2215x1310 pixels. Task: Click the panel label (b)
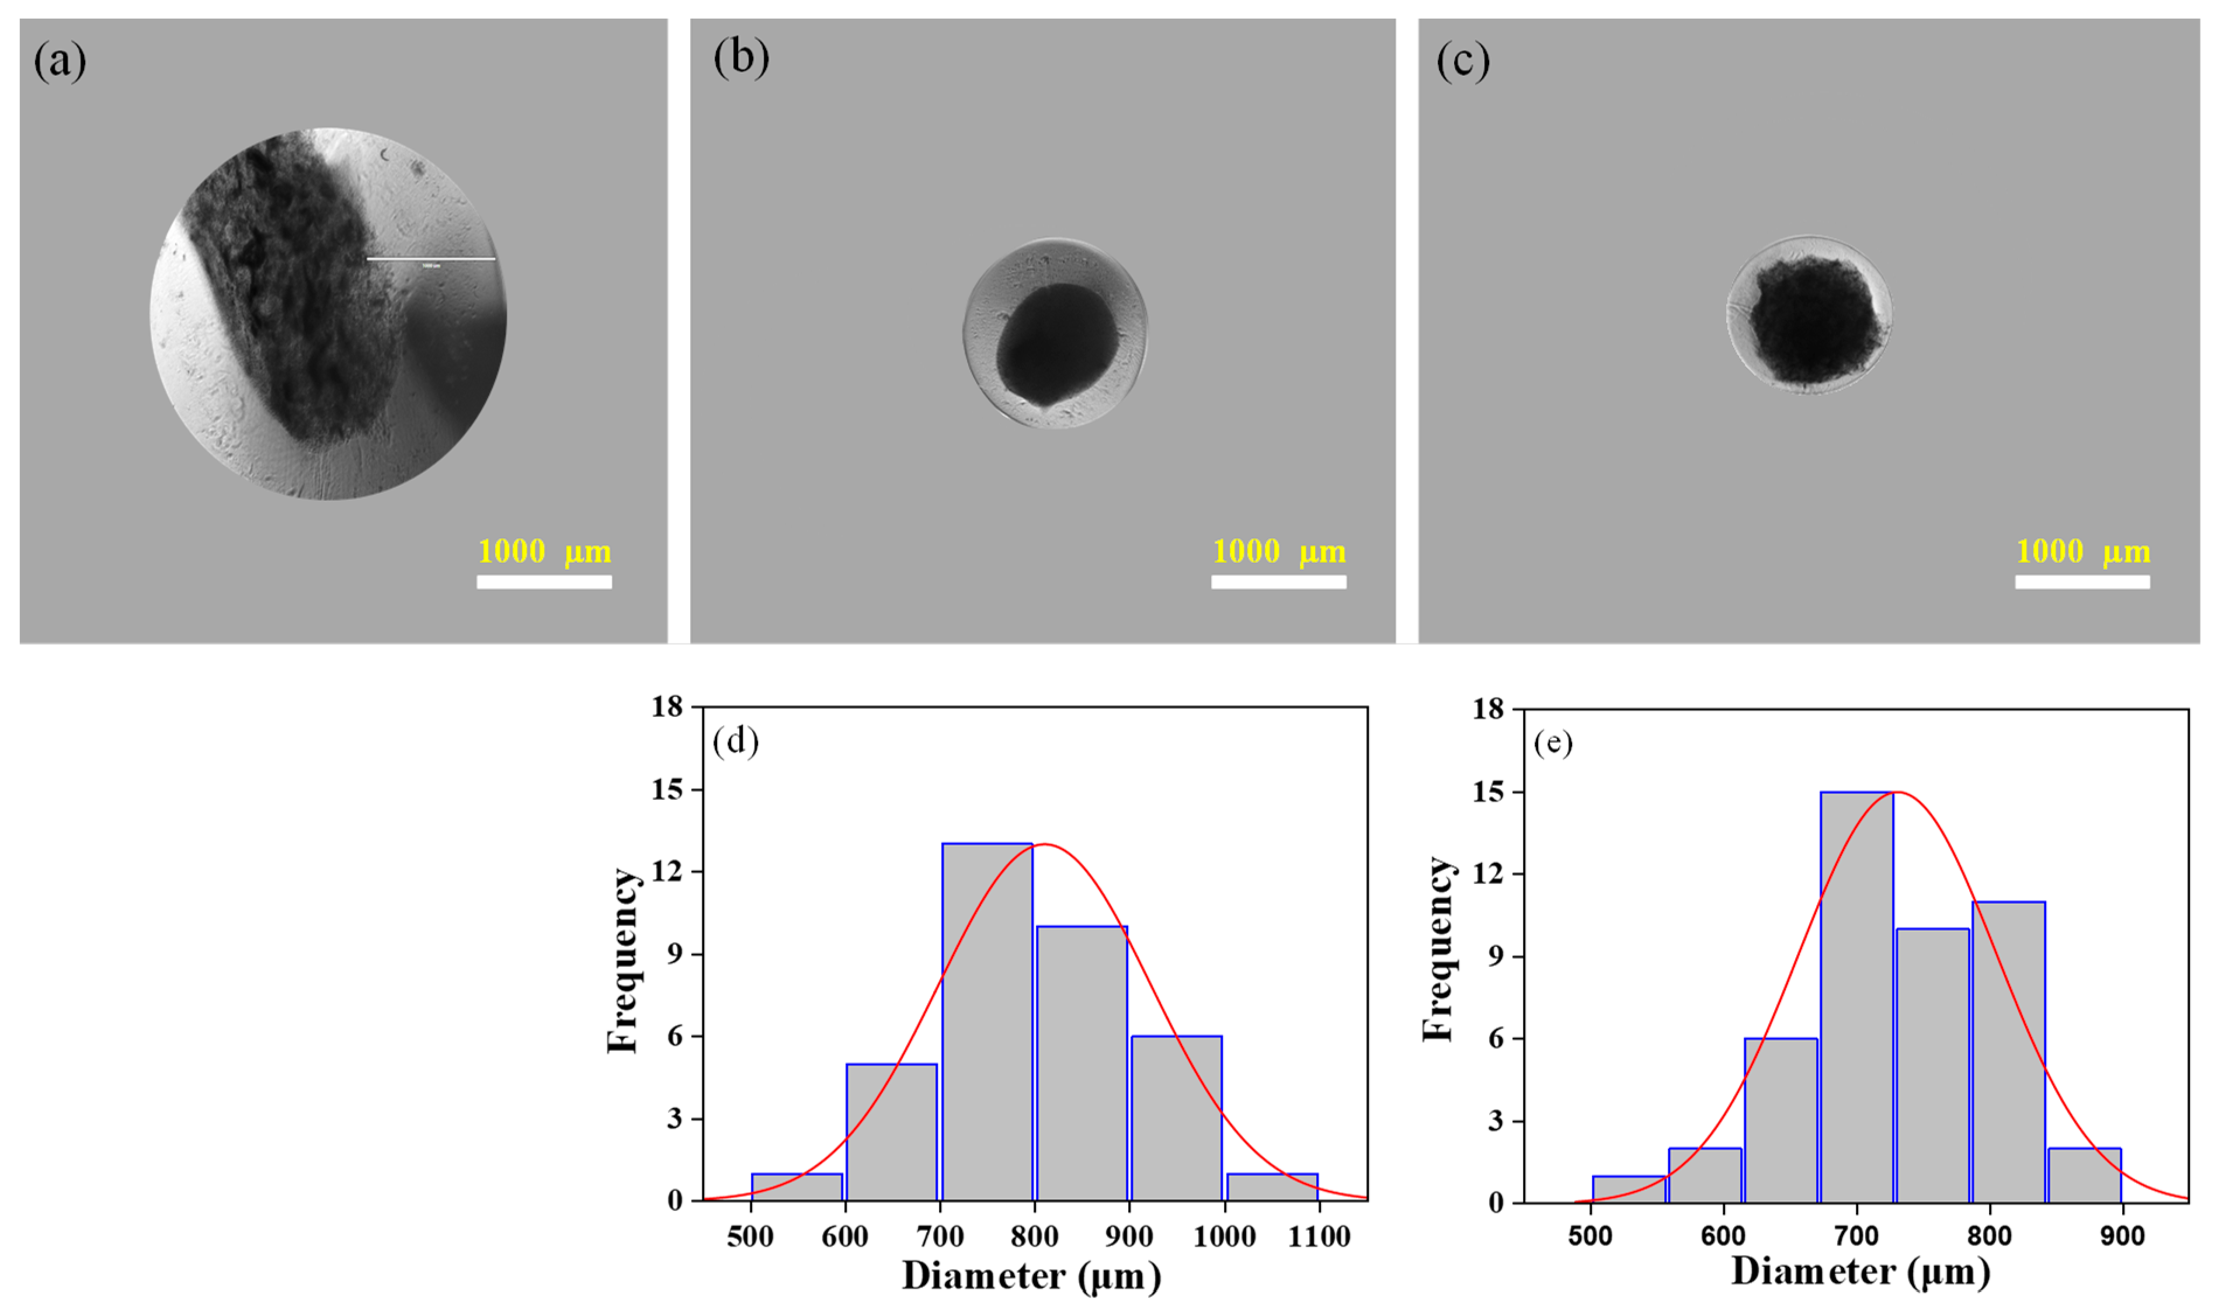pos(740,58)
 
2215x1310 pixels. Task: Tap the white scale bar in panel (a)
pos(544,581)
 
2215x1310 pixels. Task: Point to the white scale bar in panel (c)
pos(2082,581)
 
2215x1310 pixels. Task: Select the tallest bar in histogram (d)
pos(987,1022)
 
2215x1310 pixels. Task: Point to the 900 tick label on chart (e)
pos(2122,1236)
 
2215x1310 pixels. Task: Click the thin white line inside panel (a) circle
pos(431,259)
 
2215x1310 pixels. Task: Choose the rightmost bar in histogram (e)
pos(2084,1175)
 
